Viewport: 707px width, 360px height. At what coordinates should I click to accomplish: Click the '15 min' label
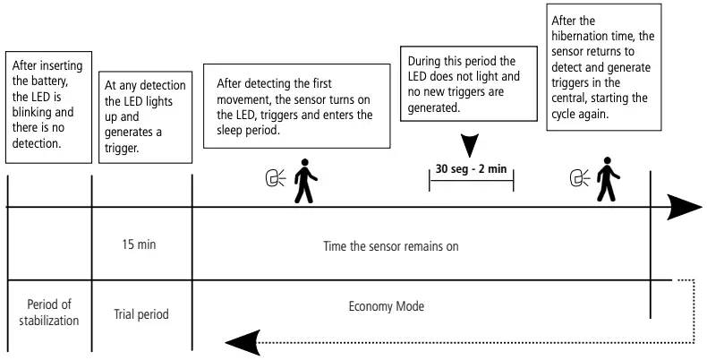tap(141, 243)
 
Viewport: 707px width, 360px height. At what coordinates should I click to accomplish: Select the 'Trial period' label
tap(141, 314)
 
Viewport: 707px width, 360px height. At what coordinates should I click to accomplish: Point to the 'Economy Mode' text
tap(386, 306)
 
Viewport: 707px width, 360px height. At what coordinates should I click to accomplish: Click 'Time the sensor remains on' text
tap(390, 244)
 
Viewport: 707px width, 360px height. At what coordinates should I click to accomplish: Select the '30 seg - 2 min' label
tap(471, 169)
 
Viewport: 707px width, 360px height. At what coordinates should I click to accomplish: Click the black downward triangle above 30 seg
tap(471, 144)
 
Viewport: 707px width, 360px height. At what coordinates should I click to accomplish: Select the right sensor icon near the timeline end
tap(578, 179)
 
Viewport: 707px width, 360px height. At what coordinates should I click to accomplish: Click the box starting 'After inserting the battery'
tap(48, 107)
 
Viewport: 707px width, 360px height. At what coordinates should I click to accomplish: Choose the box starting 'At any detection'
tap(142, 114)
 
